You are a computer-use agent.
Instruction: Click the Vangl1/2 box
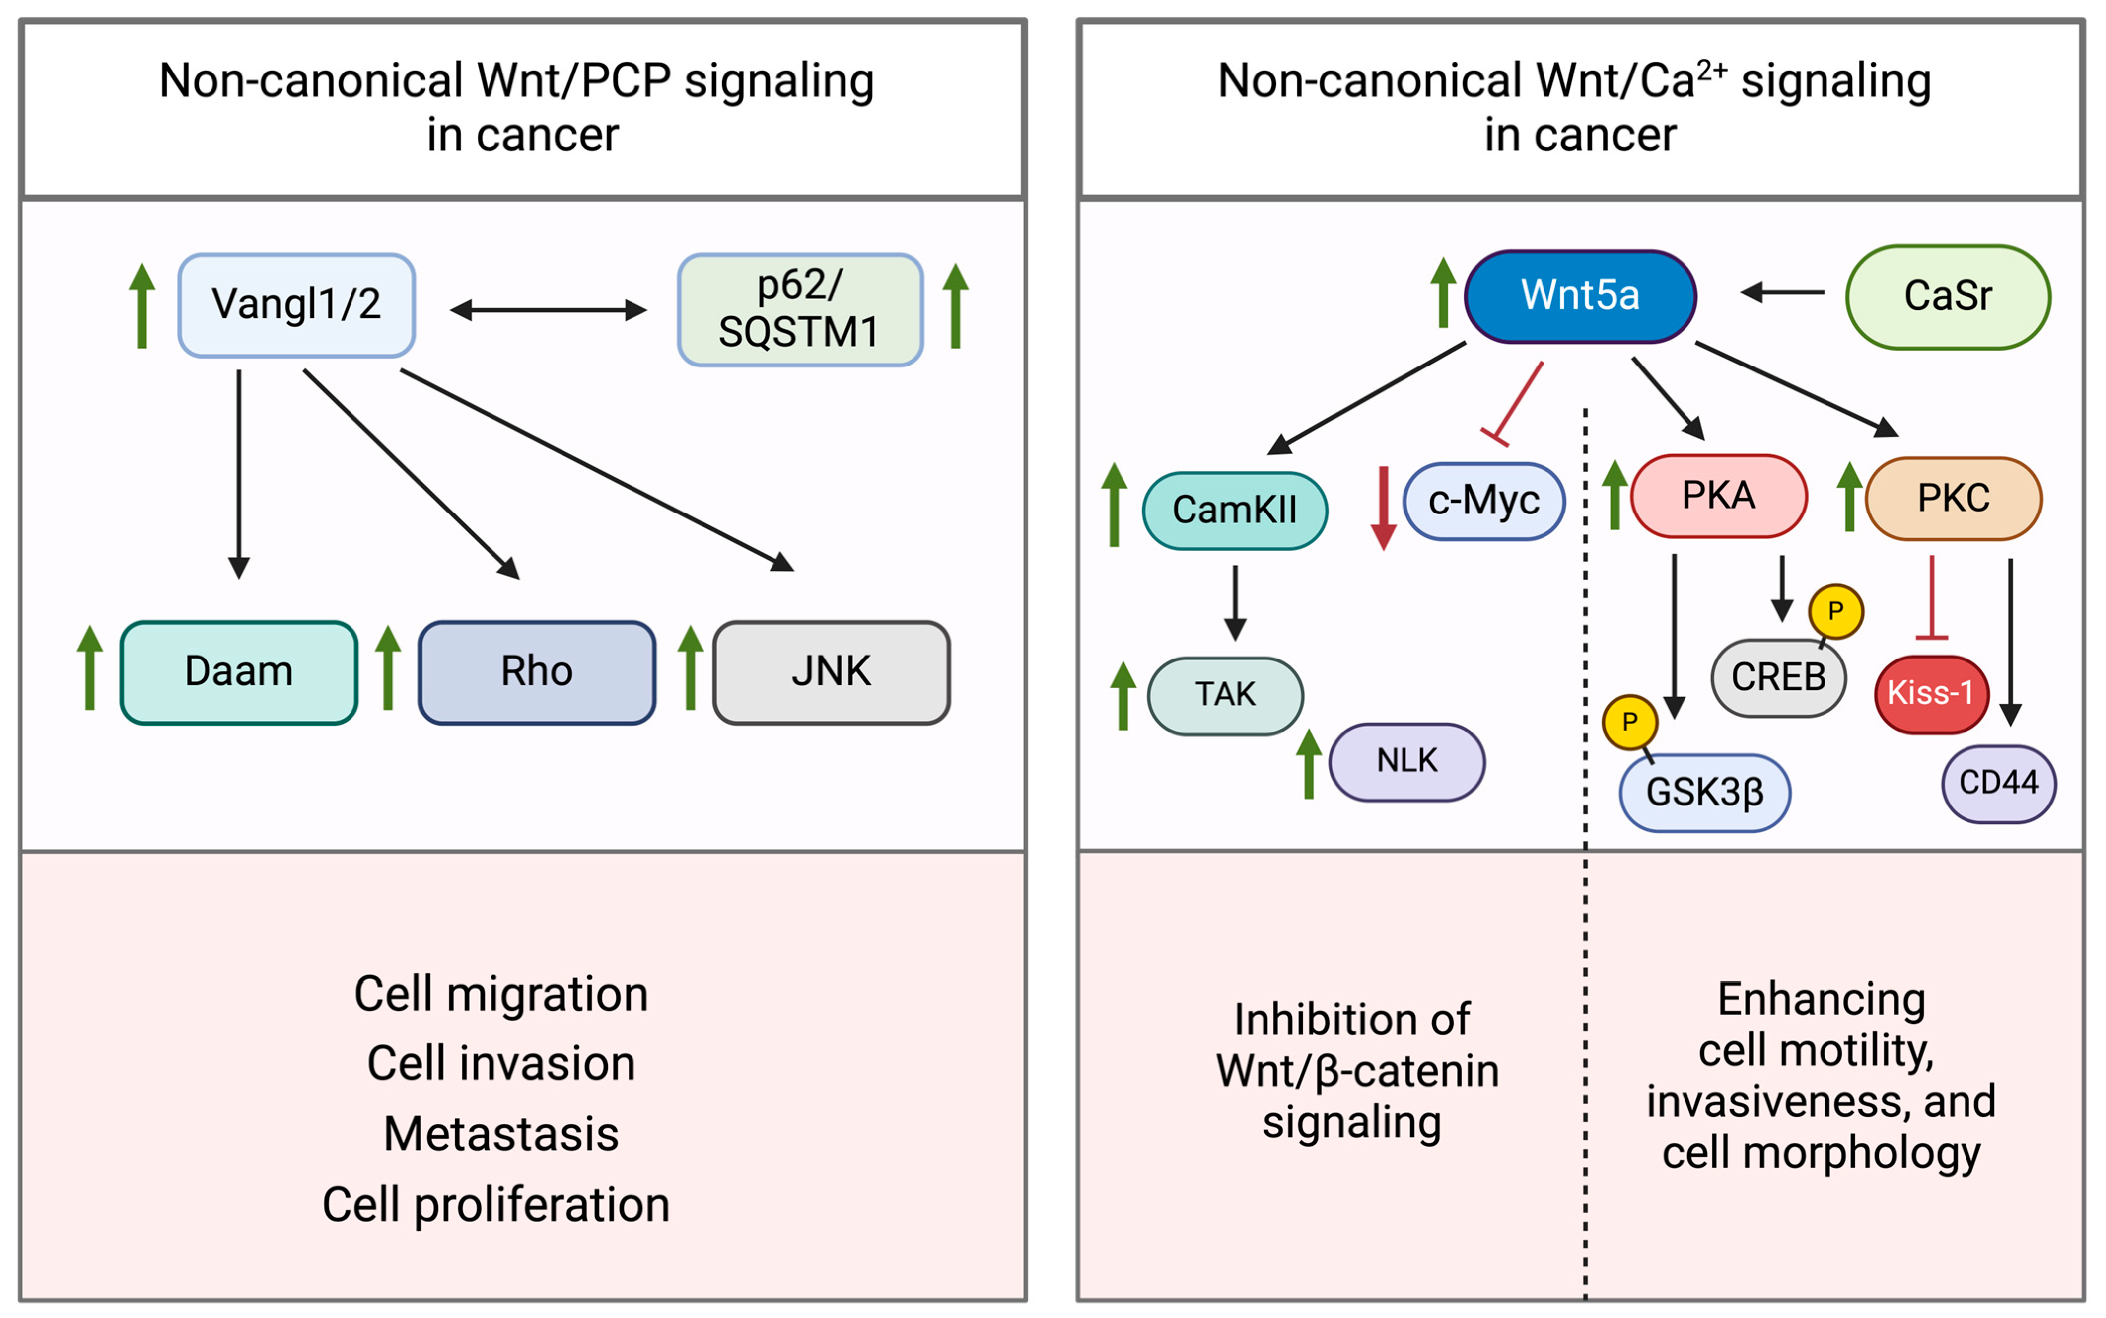(296, 305)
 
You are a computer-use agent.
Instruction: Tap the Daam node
(239, 672)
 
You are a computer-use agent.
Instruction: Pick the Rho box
(537, 672)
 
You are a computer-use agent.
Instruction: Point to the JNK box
(831, 672)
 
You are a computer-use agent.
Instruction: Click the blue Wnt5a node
(1580, 295)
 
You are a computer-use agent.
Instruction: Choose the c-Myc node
(1484, 501)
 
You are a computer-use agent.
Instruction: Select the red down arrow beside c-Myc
(1383, 508)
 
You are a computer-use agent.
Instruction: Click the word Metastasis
(501, 1134)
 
